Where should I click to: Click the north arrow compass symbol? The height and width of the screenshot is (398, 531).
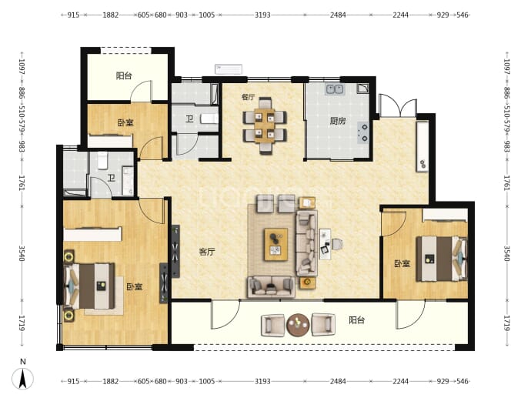pos(22,377)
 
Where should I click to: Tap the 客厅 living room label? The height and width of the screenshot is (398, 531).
pos(206,252)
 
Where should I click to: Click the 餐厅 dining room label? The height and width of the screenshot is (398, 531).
pos(248,97)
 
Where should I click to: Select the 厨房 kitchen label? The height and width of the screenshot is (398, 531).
pos(338,121)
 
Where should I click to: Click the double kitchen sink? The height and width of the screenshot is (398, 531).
pos(335,89)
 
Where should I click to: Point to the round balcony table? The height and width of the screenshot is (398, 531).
pos(298,325)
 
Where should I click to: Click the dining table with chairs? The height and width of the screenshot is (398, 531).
pos(265,125)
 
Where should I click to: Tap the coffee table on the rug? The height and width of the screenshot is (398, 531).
pos(276,245)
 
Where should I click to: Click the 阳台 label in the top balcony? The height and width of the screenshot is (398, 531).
pos(124,76)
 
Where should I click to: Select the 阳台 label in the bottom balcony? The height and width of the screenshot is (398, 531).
pos(356,320)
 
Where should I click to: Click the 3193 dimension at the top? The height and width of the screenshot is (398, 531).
pos(262,15)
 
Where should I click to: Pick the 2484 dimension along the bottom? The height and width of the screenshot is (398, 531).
pos(338,381)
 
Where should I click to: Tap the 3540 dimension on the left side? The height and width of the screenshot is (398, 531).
pos(22,253)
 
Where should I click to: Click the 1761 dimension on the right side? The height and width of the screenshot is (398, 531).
pos(506,182)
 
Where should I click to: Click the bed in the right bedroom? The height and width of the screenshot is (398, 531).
pos(442,259)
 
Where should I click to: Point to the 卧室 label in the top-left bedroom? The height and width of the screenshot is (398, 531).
pos(125,122)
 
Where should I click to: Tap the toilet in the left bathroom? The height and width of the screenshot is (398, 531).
pos(102,161)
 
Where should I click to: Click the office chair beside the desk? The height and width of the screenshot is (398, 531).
pos(337,244)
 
